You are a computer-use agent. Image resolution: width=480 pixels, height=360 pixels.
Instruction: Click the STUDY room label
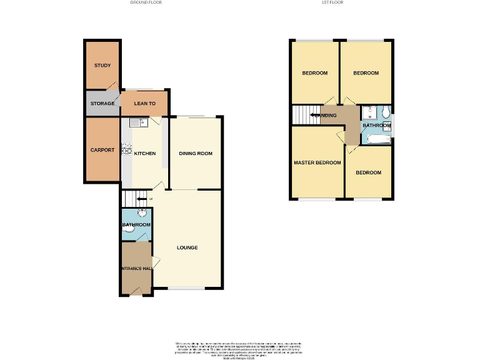click(102, 66)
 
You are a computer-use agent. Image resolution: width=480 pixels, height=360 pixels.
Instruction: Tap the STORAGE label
click(102, 104)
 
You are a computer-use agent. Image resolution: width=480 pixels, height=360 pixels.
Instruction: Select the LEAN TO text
click(144, 104)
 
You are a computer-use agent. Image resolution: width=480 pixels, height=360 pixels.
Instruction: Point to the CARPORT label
click(102, 150)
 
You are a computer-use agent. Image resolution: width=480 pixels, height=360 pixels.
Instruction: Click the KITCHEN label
click(144, 153)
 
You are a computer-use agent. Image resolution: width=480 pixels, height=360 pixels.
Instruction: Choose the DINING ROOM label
click(196, 153)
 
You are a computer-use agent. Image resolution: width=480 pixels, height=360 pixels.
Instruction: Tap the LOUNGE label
click(187, 247)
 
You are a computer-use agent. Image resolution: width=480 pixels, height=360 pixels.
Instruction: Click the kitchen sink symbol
click(137, 123)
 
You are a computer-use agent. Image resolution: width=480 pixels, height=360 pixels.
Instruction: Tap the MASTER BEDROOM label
click(317, 162)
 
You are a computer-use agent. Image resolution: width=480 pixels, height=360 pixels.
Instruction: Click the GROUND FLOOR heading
click(145, 2)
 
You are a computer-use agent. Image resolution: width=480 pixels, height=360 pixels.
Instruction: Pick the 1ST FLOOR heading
click(332, 2)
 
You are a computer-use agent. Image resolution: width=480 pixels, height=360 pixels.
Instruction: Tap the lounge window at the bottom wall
click(187, 288)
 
